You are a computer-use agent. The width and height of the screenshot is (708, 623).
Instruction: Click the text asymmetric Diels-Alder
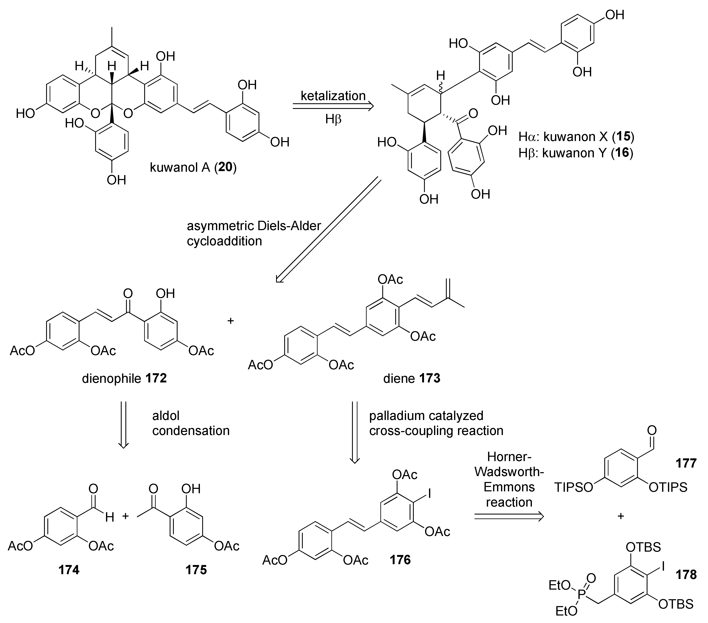coord(254,226)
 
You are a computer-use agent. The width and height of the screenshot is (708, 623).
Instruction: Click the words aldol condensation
coord(191,423)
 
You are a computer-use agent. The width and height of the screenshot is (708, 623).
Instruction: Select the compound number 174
coord(69,579)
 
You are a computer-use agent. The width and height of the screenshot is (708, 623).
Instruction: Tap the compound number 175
coord(196,579)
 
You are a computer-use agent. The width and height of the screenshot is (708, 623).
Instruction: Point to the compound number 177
coord(686,463)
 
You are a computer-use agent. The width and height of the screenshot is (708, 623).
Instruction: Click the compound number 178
coord(686,575)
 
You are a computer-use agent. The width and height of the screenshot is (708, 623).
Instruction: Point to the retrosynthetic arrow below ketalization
coord(333,107)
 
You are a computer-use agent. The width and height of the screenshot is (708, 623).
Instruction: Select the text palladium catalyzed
coord(426,416)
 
